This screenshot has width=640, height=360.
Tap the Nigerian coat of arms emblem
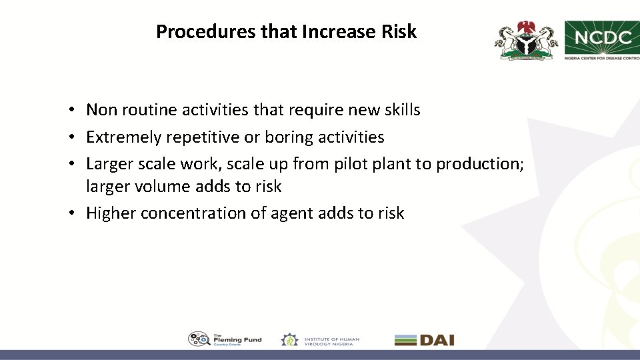[525, 39]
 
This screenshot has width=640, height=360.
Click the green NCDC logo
[602, 39]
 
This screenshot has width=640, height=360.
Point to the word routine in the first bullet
[145, 109]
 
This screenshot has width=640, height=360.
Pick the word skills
[400, 109]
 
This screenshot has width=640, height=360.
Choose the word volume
[164, 187]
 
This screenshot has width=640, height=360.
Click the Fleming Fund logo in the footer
[225, 339]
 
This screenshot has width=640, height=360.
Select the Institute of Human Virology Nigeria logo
[320, 339]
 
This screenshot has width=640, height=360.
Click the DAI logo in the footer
[424, 339]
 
